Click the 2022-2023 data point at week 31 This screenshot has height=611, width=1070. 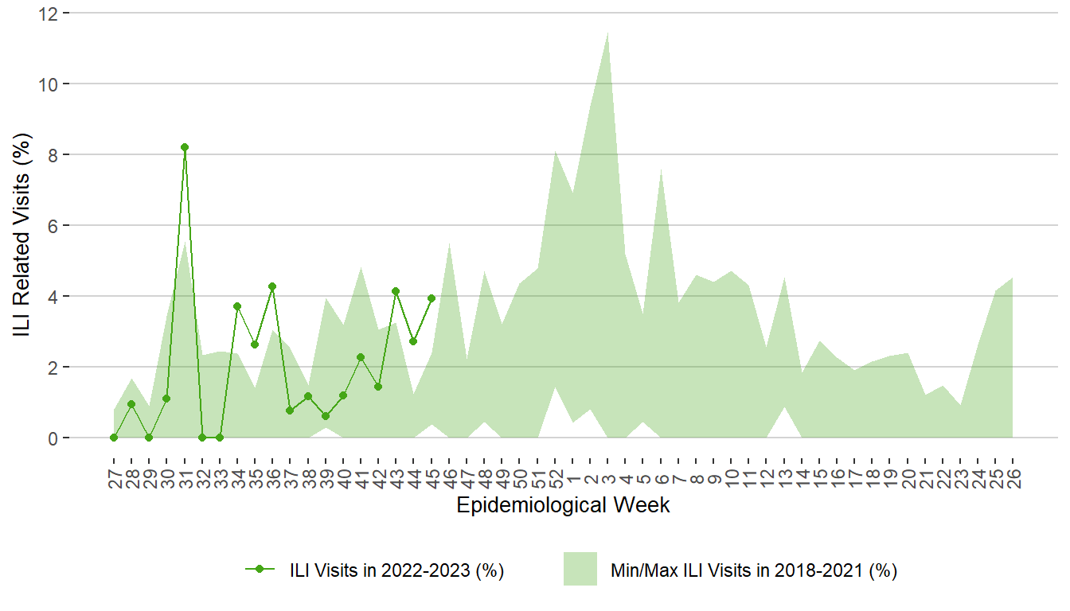click(185, 147)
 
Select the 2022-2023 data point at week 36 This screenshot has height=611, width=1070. click(272, 286)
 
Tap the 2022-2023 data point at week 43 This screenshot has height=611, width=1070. click(396, 291)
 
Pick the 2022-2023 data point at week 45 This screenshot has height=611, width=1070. click(432, 298)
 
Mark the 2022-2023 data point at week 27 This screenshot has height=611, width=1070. click(114, 438)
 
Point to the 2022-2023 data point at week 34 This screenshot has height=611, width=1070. click(237, 306)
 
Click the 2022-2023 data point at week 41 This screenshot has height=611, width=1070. click(361, 357)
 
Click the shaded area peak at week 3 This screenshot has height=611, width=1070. click(608, 33)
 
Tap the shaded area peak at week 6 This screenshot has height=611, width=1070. click(661, 169)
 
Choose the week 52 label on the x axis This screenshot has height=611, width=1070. click(556, 478)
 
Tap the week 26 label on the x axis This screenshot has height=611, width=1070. click(1013, 478)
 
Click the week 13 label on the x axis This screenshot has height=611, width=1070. click(784, 478)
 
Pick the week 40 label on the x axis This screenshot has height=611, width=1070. click(343, 478)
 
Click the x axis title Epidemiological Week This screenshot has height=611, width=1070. click(563, 505)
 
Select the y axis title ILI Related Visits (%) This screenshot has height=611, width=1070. click(25, 225)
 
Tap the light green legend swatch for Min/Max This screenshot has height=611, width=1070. click(580, 570)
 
